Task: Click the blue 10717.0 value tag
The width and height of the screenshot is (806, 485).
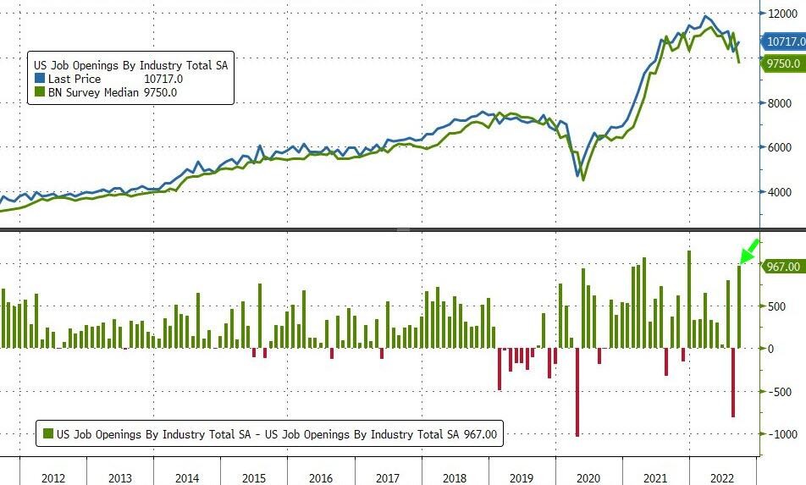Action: click(x=785, y=41)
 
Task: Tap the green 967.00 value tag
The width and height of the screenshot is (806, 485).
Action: click(x=782, y=267)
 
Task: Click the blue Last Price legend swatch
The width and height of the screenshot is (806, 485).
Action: click(x=39, y=79)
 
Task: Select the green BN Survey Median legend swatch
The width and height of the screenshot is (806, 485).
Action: click(x=39, y=92)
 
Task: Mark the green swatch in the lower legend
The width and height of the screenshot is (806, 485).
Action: click(x=49, y=434)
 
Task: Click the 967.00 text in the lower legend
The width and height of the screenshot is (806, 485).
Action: click(x=478, y=434)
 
